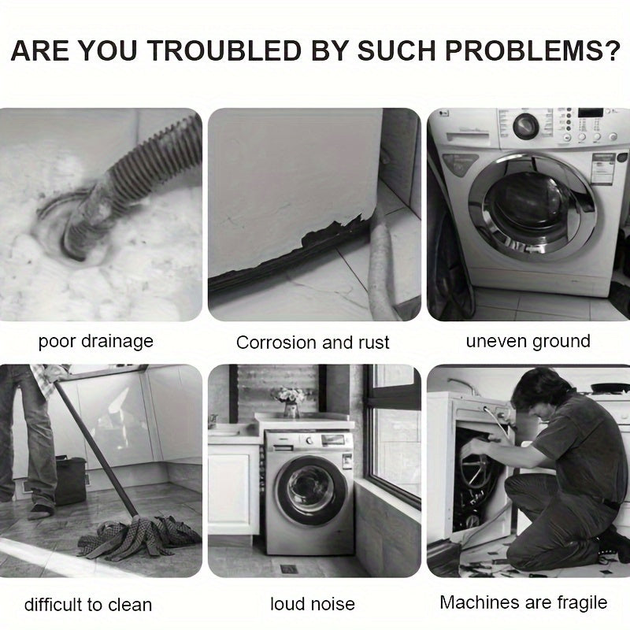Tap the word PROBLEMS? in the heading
point(533,51)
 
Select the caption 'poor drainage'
point(95,342)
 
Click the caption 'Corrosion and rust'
point(313,343)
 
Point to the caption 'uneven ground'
point(528,342)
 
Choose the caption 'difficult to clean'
point(88,605)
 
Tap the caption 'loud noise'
point(313,604)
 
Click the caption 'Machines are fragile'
point(523,602)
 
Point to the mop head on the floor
point(139,536)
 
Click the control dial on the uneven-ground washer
point(525,126)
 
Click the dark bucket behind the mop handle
point(70,480)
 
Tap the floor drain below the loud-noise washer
point(289,569)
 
